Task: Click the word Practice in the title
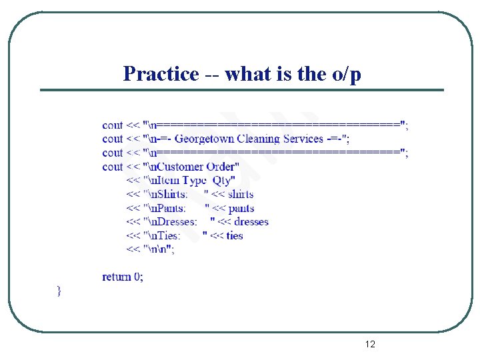(161, 74)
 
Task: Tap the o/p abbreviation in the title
(345, 74)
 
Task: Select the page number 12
(370, 344)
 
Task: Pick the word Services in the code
(303, 139)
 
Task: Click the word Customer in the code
(181, 167)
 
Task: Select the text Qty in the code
(222, 181)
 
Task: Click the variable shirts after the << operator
(241, 194)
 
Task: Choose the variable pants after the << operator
(241, 209)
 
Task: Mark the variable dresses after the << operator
(251, 222)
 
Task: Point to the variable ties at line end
(235, 235)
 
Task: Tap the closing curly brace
(59, 290)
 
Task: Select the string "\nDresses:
(171, 222)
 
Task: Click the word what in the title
(248, 74)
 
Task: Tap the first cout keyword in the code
(112, 125)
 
